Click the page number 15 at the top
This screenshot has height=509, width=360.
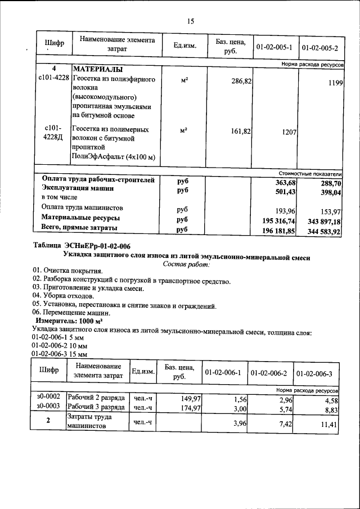190,21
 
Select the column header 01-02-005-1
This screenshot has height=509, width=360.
274,46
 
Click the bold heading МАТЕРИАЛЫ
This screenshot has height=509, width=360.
99,70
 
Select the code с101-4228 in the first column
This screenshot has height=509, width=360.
53,80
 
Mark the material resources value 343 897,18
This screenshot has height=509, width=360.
323,220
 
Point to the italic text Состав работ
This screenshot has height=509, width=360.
186,263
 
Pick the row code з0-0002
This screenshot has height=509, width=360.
48,397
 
